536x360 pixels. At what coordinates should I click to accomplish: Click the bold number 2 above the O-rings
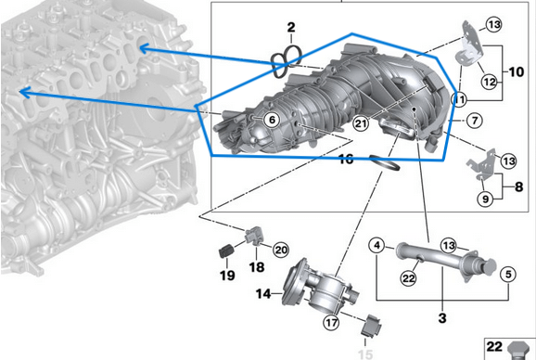290,28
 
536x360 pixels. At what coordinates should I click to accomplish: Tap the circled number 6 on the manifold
271,119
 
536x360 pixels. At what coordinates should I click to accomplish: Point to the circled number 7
472,120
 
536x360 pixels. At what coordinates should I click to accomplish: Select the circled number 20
281,249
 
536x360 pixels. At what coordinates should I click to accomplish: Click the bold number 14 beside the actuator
262,295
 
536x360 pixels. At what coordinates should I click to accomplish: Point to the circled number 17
331,323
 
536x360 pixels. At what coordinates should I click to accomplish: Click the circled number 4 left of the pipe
376,246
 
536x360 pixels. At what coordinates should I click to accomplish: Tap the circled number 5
507,274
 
